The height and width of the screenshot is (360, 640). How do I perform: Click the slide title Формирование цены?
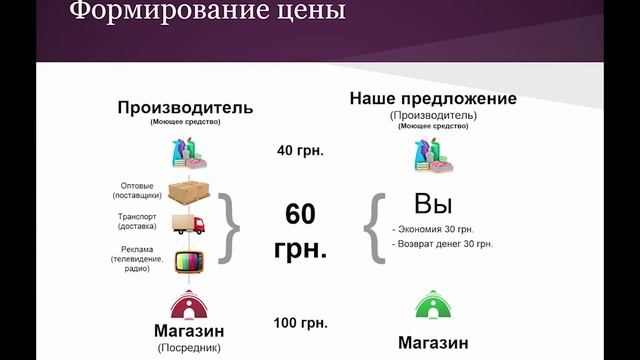[207, 13]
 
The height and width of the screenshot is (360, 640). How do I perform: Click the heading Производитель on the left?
[185, 108]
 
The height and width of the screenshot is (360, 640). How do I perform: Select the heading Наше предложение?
[433, 99]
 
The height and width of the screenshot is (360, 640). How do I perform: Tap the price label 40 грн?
[300, 151]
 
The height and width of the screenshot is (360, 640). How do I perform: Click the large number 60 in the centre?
[300, 214]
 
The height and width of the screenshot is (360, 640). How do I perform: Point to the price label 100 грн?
[300, 323]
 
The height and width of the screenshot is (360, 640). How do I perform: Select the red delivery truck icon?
[187, 224]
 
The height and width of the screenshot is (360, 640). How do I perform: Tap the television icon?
[189, 261]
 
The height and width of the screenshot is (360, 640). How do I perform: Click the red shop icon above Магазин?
[189, 304]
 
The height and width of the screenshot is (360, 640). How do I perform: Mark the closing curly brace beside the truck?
[229, 227]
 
